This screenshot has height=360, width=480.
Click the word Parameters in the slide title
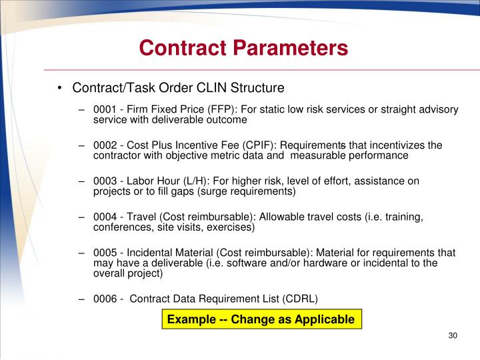[x=291, y=48]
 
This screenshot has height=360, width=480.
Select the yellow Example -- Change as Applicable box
[x=261, y=319]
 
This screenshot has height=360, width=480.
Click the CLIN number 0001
[x=105, y=109]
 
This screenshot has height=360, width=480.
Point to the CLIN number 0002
[x=105, y=145]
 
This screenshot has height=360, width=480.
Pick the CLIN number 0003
[x=105, y=181]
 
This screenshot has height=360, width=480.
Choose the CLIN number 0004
[x=105, y=217]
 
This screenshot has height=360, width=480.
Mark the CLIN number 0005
[x=105, y=253]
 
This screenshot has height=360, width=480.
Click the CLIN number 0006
[x=105, y=298]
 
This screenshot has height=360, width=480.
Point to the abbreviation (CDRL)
[x=298, y=298]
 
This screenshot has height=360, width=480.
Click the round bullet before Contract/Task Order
[x=60, y=88]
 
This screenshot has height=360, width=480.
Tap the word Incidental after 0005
[x=151, y=253]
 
